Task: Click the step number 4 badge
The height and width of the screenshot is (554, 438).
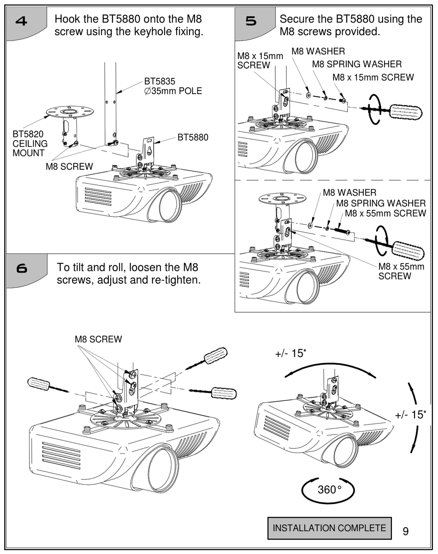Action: coord(22,22)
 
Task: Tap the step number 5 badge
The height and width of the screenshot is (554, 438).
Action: coord(251,22)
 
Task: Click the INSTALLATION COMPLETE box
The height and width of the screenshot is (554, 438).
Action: coord(329,528)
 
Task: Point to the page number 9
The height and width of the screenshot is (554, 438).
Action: coord(405,531)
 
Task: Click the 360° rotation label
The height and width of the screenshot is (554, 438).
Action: coord(329,489)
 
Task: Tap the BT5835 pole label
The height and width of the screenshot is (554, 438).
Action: coord(173,86)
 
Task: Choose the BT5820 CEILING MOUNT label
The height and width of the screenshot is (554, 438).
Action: coord(30,143)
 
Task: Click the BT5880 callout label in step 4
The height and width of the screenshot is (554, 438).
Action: coord(193,137)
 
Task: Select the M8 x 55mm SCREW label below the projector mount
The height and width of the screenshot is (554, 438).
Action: coord(395,271)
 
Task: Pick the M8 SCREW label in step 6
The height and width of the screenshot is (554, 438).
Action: coord(98,340)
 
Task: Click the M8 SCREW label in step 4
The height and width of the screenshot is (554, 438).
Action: coord(69,167)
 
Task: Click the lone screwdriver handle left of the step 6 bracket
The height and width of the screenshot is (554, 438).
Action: coord(39,384)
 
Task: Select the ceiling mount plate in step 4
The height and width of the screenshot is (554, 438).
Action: coord(70,112)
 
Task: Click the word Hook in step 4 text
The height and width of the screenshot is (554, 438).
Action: coord(65,19)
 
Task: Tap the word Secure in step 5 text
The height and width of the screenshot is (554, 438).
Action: coord(296,19)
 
